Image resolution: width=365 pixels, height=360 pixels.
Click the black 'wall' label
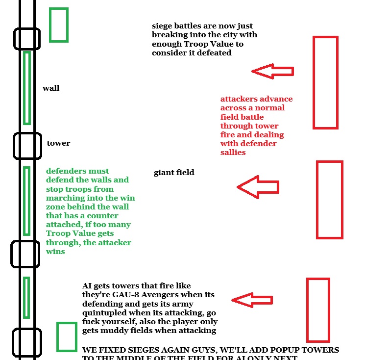pyautogui.click(x=51, y=88)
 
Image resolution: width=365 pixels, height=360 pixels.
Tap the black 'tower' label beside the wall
pyautogui.click(x=58, y=143)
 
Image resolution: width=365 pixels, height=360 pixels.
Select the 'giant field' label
pyautogui.click(x=174, y=173)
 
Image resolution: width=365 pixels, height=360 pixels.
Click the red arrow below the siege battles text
pyautogui.click(x=272, y=72)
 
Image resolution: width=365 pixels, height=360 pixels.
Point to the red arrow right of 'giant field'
pyautogui.click(x=258, y=187)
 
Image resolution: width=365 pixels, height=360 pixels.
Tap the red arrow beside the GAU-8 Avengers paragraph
pyautogui.click(x=252, y=300)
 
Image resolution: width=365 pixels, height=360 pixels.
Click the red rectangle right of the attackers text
pyautogui.click(x=325, y=82)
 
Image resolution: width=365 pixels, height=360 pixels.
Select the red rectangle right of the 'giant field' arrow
pyautogui.click(x=329, y=200)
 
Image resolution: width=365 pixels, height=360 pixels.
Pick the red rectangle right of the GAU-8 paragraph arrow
pyautogui.click(x=318, y=309)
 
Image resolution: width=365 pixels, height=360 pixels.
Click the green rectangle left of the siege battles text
pyautogui.click(x=58, y=25)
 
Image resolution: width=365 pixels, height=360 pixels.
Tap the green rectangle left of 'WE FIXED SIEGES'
pyautogui.click(x=66, y=336)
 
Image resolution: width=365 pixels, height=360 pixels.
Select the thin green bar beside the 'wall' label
pyautogui.click(x=27, y=88)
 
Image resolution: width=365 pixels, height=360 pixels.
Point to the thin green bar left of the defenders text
pyautogui.click(x=27, y=201)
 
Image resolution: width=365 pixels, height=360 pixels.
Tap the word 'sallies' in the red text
pyautogui.click(x=233, y=153)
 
